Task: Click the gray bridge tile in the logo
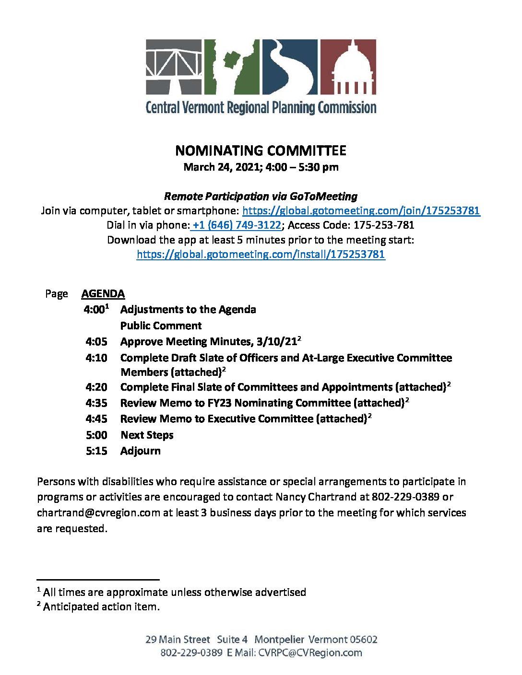(x=174, y=67)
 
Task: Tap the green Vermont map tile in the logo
(x=232, y=67)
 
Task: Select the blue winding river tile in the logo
(x=289, y=67)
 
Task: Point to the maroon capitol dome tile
(x=348, y=67)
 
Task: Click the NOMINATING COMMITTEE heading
(x=261, y=151)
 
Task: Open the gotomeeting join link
(x=361, y=211)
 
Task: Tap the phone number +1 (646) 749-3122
(x=237, y=225)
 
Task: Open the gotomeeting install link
(x=261, y=255)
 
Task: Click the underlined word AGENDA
(x=103, y=294)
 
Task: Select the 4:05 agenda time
(x=96, y=342)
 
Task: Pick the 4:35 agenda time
(x=96, y=403)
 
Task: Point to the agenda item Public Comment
(x=161, y=326)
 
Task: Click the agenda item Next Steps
(x=147, y=435)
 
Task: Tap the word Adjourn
(x=141, y=451)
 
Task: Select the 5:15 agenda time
(x=96, y=451)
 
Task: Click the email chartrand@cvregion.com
(x=98, y=513)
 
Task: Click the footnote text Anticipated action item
(x=101, y=607)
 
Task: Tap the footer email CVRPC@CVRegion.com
(x=310, y=653)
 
